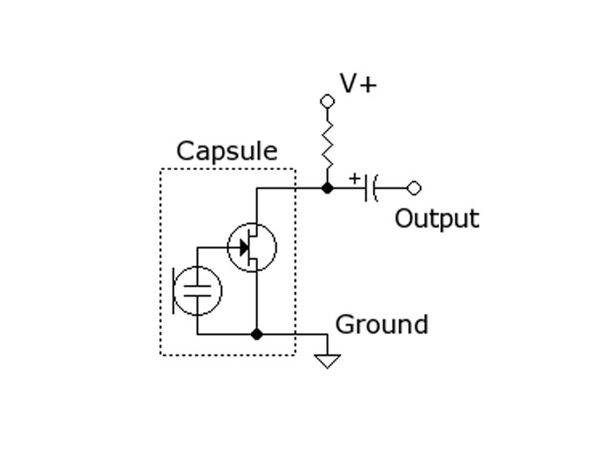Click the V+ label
(x=358, y=84)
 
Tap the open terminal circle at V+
(x=328, y=101)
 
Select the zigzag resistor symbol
(x=328, y=144)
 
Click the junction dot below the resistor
(x=328, y=188)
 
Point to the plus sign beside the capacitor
(x=354, y=178)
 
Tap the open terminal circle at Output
(x=414, y=188)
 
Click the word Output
(x=437, y=218)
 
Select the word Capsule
(x=227, y=151)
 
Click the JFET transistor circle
(x=252, y=248)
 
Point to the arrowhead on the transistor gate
(x=244, y=248)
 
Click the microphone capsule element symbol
(x=198, y=291)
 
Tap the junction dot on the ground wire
(x=256, y=334)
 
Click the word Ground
(x=381, y=325)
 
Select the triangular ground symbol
(x=327, y=360)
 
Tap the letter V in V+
(x=349, y=84)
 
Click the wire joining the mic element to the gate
(x=209, y=248)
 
